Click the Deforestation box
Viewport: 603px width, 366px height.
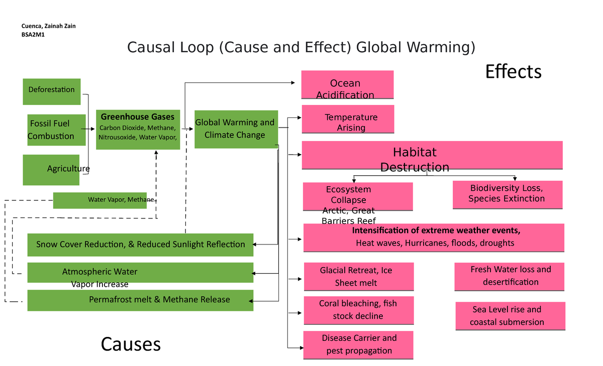(52, 91)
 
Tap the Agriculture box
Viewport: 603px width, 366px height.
(51, 170)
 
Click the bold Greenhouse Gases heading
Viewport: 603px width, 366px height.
(138, 117)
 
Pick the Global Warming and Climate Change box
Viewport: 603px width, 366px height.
(236, 129)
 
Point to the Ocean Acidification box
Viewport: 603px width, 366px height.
(347, 85)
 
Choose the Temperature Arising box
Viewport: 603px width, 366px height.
(347, 119)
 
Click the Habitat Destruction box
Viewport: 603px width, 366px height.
(432, 155)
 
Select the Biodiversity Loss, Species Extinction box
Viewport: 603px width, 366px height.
(507, 195)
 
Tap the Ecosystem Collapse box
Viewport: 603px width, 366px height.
(357, 196)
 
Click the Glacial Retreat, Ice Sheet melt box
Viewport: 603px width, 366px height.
(359, 277)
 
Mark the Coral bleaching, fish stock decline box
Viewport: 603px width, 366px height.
(359, 310)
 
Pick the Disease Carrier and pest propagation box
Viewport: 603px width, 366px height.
(358, 344)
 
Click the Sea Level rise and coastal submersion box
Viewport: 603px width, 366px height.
(510, 316)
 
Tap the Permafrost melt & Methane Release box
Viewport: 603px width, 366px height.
(140, 300)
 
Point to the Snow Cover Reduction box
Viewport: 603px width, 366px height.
(140, 245)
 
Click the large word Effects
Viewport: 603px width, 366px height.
(513, 72)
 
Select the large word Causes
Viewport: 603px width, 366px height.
(131, 344)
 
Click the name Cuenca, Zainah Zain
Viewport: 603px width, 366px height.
(49, 26)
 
